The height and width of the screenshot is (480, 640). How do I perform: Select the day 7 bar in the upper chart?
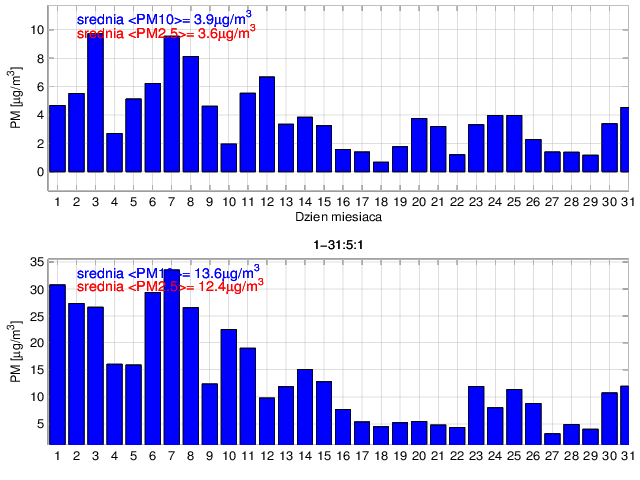click(172, 104)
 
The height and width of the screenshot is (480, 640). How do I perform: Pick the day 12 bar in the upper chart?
click(267, 124)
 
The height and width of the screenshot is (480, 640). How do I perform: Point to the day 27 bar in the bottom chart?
click(552, 438)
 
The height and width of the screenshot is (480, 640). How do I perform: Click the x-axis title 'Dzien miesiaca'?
click(336, 216)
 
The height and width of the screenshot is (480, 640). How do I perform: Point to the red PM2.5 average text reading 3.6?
click(166, 33)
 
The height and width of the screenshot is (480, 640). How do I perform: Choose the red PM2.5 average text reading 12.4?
click(170, 286)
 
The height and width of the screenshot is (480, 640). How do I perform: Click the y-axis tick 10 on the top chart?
click(37, 30)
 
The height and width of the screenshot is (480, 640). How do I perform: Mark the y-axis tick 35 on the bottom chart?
click(37, 262)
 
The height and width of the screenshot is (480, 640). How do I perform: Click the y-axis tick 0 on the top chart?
click(40, 172)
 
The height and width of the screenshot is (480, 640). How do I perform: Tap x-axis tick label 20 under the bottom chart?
click(420, 456)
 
